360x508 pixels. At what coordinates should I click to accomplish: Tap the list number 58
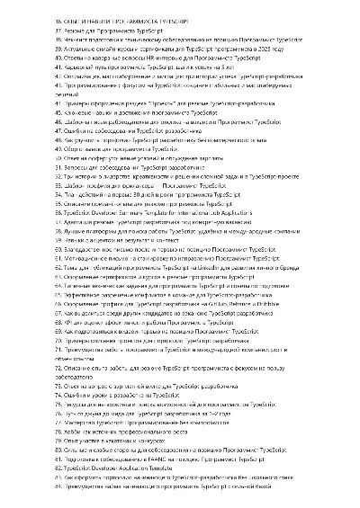click(x=59, y=236)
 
